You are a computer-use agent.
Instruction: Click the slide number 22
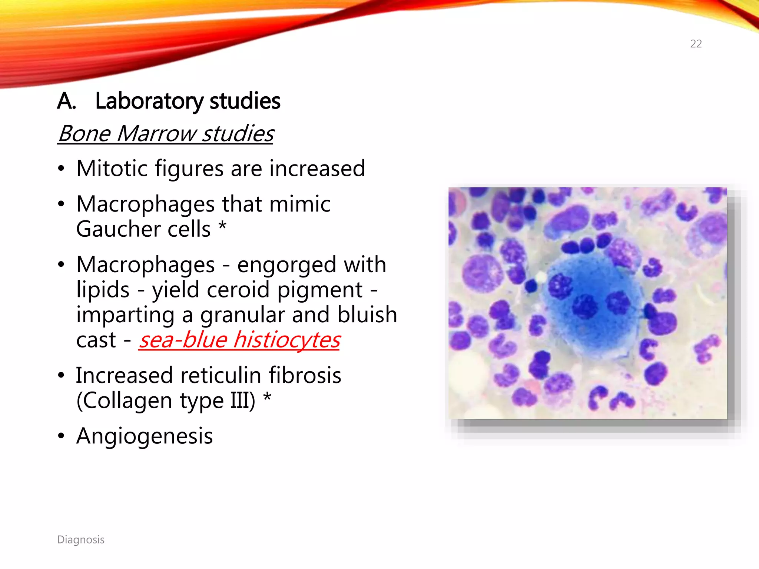click(696, 44)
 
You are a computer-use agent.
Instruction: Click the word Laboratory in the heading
click(149, 101)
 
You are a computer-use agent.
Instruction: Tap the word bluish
click(367, 315)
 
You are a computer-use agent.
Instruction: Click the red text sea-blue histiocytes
click(239, 340)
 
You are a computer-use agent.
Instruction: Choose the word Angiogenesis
click(145, 436)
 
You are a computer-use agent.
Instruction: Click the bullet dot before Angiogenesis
click(61, 436)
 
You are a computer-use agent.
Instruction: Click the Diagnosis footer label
click(81, 540)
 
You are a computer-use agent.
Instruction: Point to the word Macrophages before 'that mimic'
click(145, 204)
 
